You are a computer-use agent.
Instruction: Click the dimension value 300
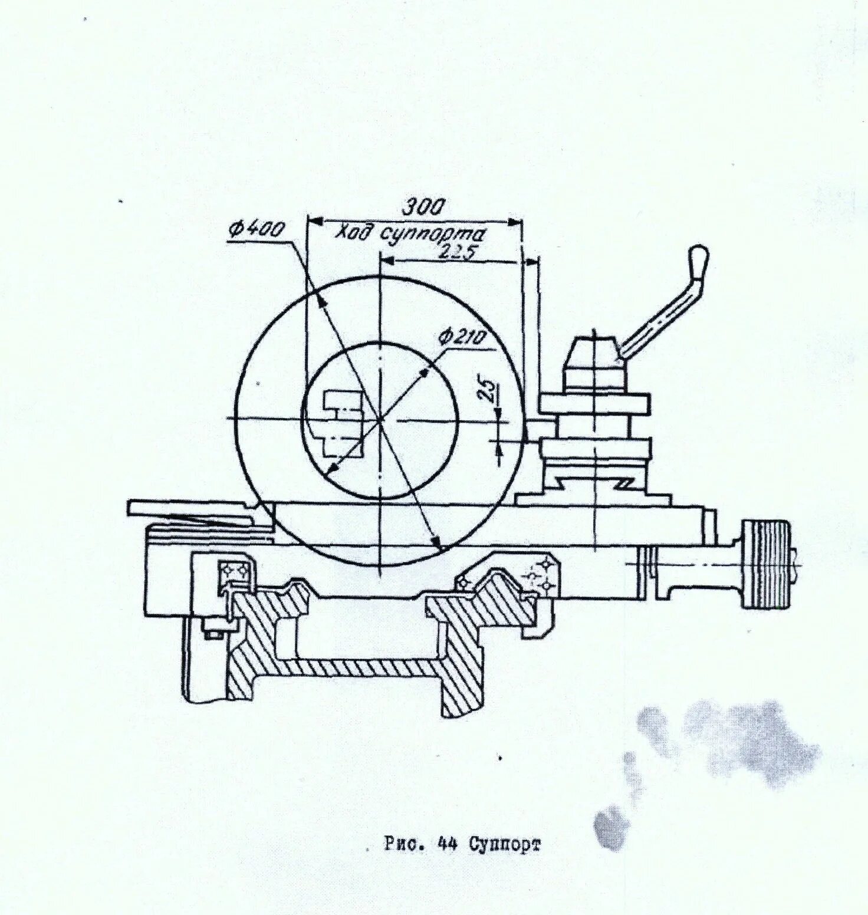tap(424, 207)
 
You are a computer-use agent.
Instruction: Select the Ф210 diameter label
tap(461, 337)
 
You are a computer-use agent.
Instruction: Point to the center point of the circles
tap(380, 419)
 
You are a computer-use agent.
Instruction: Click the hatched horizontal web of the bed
tap(366, 667)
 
